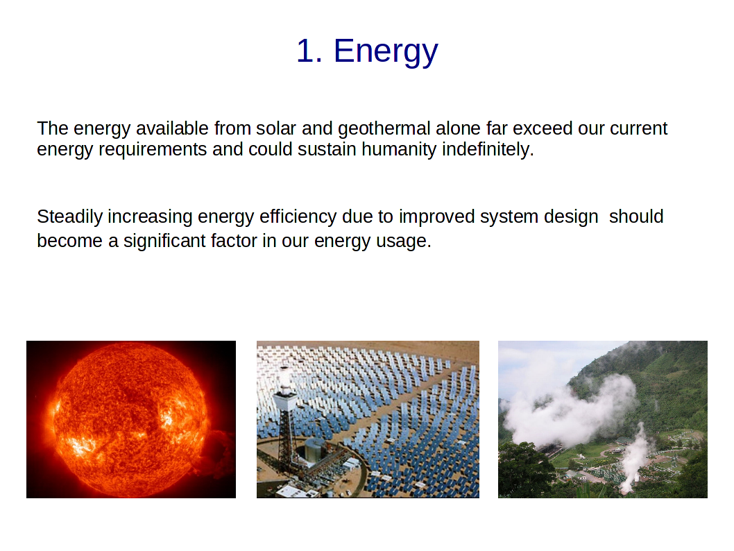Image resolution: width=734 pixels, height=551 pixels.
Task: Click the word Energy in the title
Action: point(386,51)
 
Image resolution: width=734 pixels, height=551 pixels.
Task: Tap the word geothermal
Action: point(384,129)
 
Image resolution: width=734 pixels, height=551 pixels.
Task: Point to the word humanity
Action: point(400,150)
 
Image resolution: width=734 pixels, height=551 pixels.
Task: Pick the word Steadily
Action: point(70,217)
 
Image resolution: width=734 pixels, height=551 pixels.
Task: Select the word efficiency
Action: point(298,217)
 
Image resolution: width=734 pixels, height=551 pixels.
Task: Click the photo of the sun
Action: point(131,419)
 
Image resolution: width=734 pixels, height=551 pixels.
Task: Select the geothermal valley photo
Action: point(603,419)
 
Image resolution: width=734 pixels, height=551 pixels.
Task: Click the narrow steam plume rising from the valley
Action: point(635,459)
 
